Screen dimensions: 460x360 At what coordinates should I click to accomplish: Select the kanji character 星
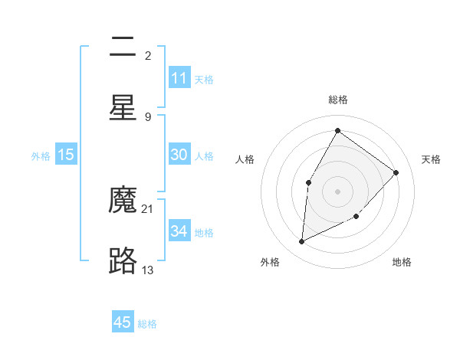(x=123, y=108)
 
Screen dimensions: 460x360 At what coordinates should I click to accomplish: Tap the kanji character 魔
(x=123, y=201)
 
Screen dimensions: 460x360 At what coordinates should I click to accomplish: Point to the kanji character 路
(x=123, y=261)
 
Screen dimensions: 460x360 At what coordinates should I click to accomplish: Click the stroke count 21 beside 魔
(x=148, y=209)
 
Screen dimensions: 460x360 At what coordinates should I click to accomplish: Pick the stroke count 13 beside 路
(x=148, y=270)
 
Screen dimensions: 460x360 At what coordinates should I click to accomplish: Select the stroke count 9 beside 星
(x=148, y=116)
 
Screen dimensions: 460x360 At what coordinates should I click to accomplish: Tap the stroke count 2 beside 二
(x=148, y=56)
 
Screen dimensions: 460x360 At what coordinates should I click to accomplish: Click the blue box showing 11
(x=179, y=78)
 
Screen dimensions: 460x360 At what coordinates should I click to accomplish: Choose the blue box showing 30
(x=179, y=155)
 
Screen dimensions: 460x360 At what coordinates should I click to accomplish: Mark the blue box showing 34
(x=179, y=231)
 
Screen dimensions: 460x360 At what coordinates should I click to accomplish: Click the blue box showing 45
(x=123, y=322)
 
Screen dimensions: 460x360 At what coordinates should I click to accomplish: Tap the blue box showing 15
(x=66, y=155)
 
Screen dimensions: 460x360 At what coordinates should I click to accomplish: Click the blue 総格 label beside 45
(x=147, y=324)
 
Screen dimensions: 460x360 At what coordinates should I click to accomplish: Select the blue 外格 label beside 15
(x=41, y=156)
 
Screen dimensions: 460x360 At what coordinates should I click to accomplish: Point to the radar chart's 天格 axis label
(x=431, y=159)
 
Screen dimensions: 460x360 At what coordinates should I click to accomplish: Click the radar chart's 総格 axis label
(x=337, y=100)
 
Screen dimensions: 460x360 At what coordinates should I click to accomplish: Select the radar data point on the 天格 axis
(x=396, y=172)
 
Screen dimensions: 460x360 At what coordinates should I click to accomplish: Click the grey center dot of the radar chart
(x=337, y=191)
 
